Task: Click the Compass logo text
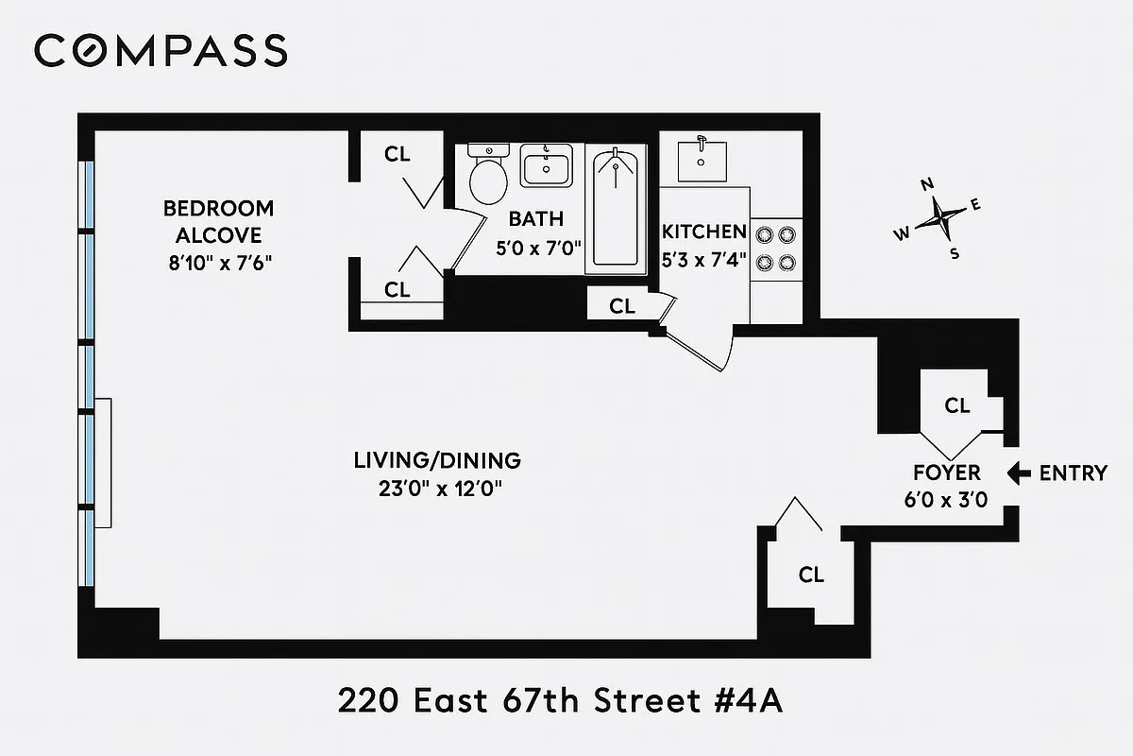coord(161,50)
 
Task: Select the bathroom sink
coord(547,167)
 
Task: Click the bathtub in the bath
coord(616,208)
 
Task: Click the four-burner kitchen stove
coord(776,248)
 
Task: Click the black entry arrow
coord(1018,473)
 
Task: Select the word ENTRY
coord(1073,473)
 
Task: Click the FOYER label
coord(946,472)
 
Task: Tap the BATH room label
coord(536,219)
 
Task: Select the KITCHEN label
coord(704,232)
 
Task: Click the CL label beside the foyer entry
coord(957,405)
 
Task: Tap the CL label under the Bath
coord(622,305)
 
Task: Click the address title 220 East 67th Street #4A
coord(563,702)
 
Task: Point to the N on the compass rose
coord(927,184)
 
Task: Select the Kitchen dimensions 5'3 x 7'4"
coord(703,259)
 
